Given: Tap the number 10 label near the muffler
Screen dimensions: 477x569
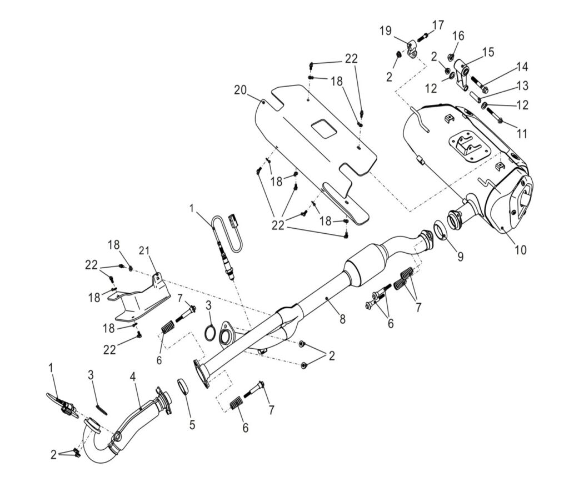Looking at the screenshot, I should [520, 250].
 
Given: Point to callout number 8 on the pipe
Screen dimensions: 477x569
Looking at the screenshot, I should [343, 319].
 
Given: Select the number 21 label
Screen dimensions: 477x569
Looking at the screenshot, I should [144, 250].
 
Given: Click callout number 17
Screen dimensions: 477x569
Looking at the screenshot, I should [438, 25].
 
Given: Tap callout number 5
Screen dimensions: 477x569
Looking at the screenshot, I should [192, 425].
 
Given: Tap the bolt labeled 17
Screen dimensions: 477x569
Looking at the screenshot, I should [421, 37].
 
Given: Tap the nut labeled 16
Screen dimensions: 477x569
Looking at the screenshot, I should [452, 57].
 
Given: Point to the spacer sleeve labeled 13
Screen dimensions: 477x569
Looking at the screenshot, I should [475, 96].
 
